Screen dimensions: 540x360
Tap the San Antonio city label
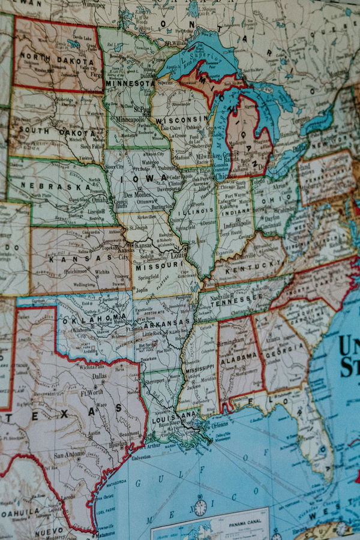(x=70, y=455)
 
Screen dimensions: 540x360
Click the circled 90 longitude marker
(x=200, y=508)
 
